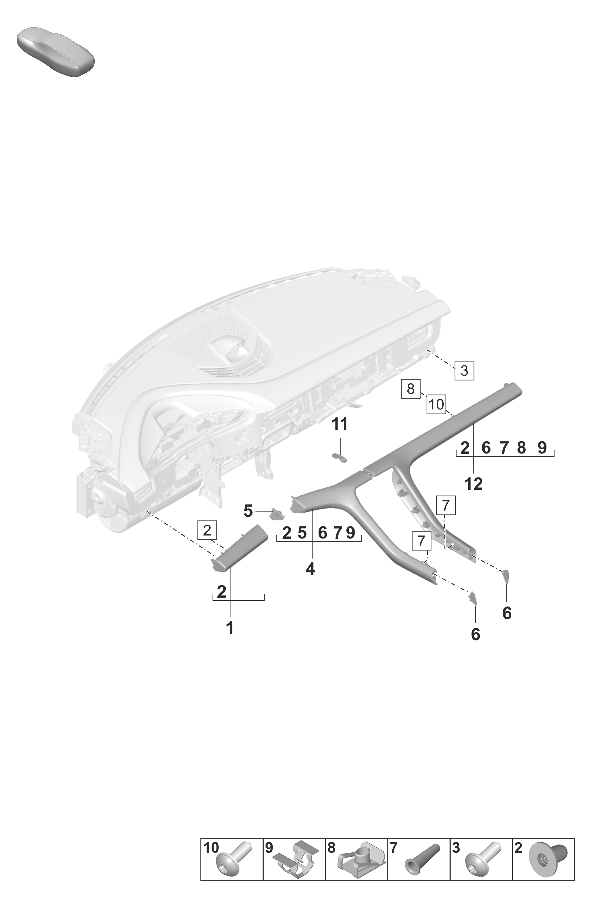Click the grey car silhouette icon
pos(56,52)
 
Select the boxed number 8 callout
pos(411,388)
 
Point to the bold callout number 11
pos(340,424)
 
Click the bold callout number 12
pos(474,484)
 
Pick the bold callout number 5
pos(248,511)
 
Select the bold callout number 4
pos(310,569)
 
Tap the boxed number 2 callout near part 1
pos(207,530)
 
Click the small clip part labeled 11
pos(340,458)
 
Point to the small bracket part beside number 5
pos(277,514)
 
